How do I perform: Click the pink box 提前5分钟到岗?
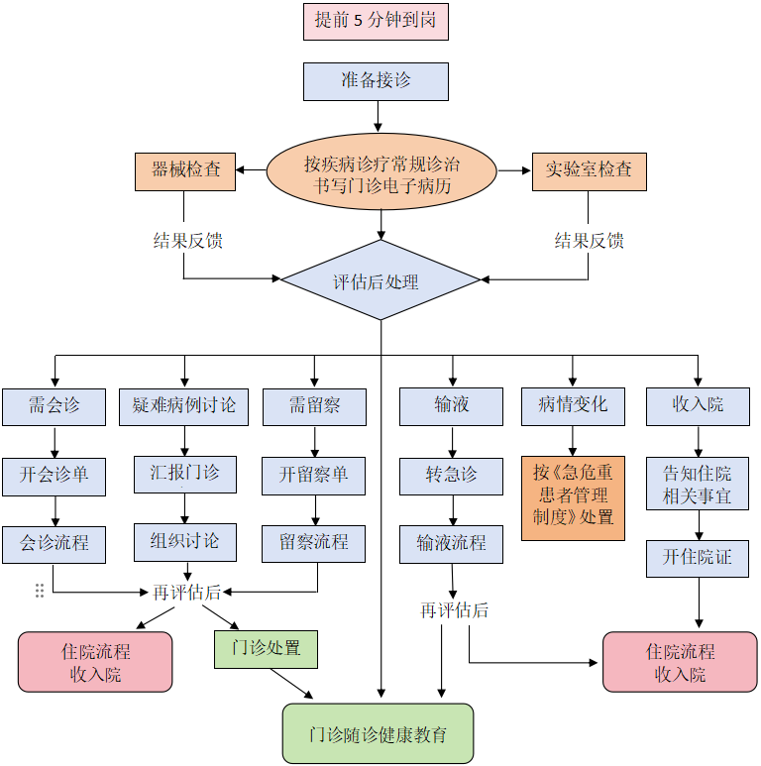coord(376,21)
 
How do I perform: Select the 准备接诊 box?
coord(376,81)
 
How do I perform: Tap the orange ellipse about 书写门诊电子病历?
coord(381,172)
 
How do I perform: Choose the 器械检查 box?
coord(185,170)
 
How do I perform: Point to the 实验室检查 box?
coord(589,170)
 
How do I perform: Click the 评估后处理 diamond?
coord(380,281)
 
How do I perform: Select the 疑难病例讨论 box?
coord(184,406)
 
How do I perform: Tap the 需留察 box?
coord(314,406)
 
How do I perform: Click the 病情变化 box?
coord(573,406)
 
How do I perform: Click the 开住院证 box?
coord(698,558)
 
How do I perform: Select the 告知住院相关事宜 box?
coord(698,484)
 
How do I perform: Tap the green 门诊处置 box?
coord(266,649)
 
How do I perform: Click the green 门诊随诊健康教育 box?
coord(378,734)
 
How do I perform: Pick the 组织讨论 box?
coord(185,542)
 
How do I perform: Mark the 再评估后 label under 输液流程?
coord(454,610)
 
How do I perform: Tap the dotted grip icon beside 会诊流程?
coord(40,591)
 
